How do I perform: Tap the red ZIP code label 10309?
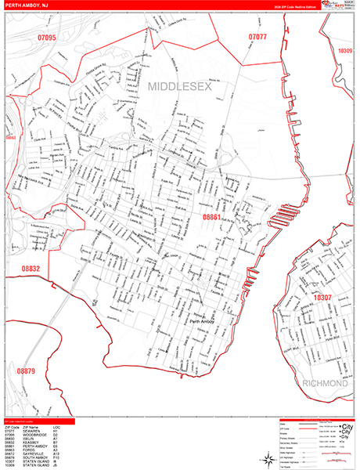345,50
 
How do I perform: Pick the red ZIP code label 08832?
31,269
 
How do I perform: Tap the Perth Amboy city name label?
202,321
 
